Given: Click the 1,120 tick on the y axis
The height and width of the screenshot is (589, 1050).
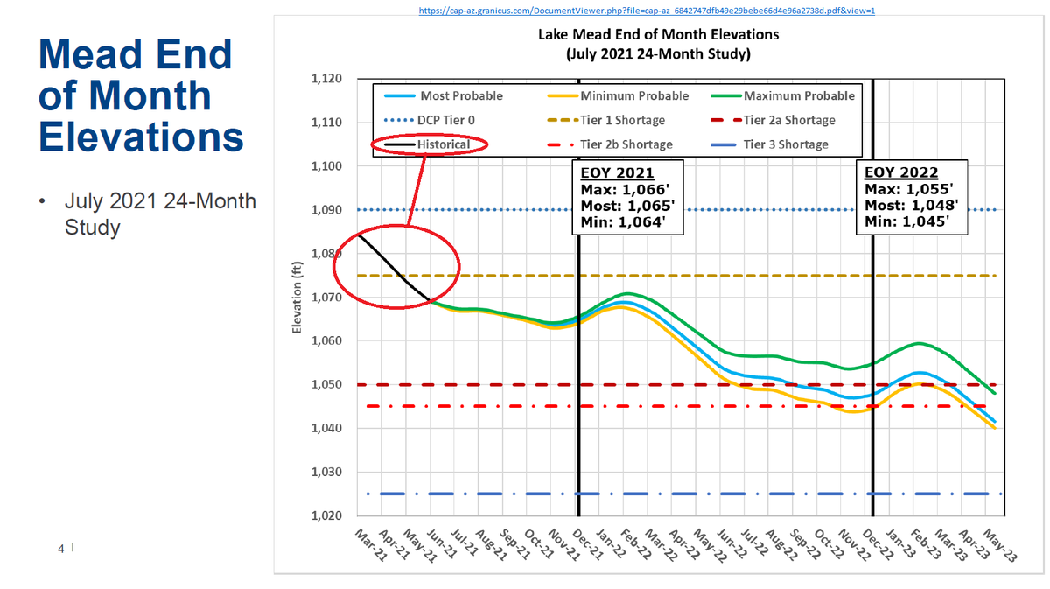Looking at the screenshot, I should (326, 79).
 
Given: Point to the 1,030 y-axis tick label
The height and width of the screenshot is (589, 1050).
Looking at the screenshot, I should (326, 473).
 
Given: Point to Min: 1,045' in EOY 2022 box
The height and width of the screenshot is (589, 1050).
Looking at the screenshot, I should (911, 221).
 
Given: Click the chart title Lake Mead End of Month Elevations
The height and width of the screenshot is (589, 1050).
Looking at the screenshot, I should (657, 35).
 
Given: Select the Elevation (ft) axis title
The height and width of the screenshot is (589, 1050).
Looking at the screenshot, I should (297, 298).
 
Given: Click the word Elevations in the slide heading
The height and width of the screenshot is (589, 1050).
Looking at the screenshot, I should (139, 137).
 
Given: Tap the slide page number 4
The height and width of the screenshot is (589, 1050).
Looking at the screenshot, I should (60, 549).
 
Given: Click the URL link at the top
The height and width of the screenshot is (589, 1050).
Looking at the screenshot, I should (647, 11).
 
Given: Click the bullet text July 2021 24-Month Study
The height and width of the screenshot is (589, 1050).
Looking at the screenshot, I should (159, 214).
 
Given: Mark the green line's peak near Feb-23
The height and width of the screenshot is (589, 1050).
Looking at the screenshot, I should (919, 343).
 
